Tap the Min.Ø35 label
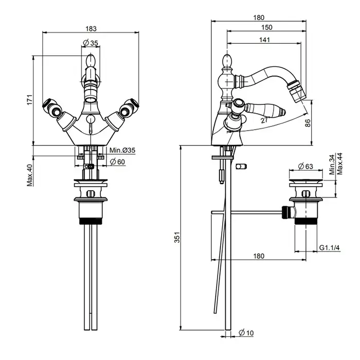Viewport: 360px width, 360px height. [122, 150]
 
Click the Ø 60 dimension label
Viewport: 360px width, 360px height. [119, 162]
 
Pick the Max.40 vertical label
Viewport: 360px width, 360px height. [30, 175]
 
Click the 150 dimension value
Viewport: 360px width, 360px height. [266, 27]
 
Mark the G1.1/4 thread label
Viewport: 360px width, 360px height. [330, 248]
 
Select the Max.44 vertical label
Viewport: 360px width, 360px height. [340, 165]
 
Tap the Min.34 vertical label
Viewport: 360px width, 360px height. [332, 165]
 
